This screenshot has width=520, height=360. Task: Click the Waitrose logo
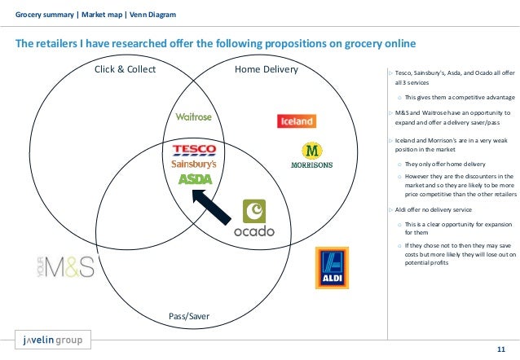coord(193,116)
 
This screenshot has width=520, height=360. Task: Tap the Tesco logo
coord(194,149)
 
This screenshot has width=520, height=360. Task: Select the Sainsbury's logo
coord(193,164)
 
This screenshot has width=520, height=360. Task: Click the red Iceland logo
coord(296,121)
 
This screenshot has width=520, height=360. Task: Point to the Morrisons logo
coord(311,156)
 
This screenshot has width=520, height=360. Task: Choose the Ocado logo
coord(254,218)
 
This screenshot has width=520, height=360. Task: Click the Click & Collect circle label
coord(126,69)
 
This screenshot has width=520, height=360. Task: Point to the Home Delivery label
coord(267,69)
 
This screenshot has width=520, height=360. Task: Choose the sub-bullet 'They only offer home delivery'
coord(438,163)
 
